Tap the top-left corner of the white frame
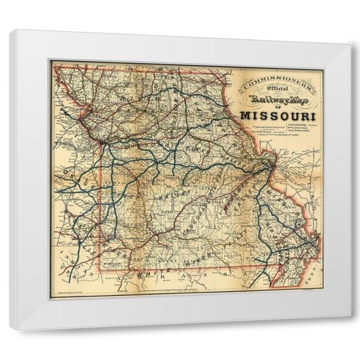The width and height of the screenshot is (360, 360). tap(11, 31)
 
